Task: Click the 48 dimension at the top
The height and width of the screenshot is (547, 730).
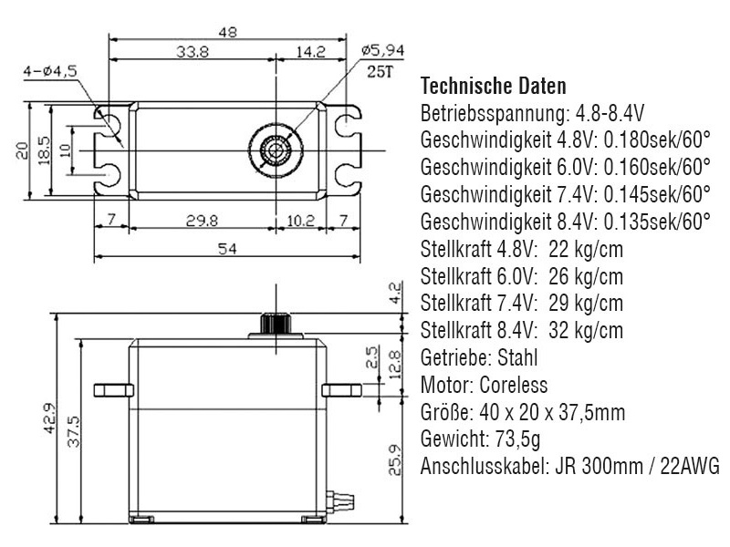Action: click(228, 31)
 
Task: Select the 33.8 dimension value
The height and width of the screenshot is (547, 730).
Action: click(193, 53)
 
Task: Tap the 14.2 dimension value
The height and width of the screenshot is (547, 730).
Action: click(310, 53)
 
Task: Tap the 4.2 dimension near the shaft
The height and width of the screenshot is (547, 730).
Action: click(394, 293)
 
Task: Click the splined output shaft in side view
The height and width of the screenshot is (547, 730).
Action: click(274, 324)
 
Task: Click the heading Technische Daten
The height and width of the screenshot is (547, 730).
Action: click(493, 87)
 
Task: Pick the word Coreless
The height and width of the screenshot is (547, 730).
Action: click(516, 385)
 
